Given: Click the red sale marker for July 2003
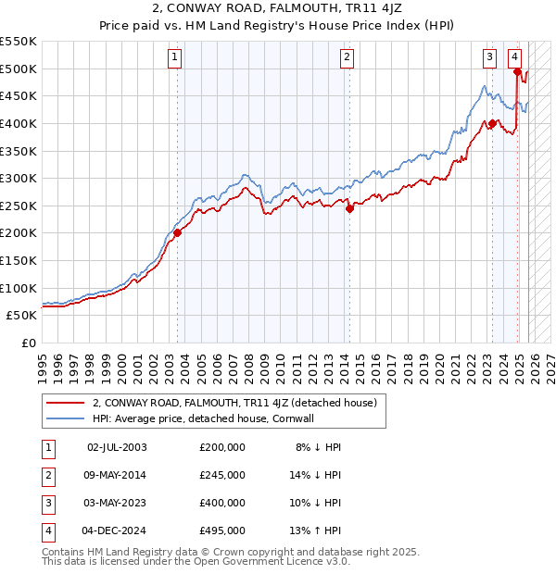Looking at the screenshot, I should point(177,232).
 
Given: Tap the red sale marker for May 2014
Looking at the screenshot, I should point(349,209).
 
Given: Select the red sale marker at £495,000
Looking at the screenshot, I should point(517,71).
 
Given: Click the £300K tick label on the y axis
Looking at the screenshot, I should point(19,178).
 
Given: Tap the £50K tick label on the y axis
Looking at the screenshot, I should point(22,315).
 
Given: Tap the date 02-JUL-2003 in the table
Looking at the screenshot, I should point(117,447).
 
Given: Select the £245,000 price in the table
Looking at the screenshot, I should point(222,475).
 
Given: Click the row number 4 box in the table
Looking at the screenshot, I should point(47,530).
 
